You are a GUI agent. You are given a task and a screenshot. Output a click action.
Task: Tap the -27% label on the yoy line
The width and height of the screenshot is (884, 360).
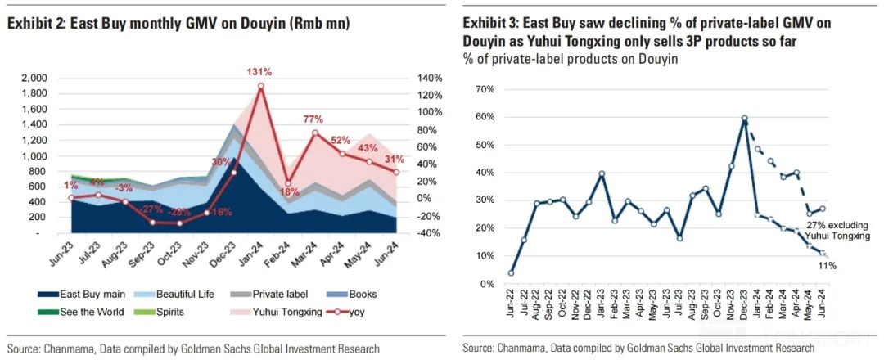point(151,210)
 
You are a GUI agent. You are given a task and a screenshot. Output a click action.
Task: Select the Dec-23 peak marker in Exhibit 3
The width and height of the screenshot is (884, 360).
point(745,119)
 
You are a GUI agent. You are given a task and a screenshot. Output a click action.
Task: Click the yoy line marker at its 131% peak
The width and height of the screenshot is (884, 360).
point(261,86)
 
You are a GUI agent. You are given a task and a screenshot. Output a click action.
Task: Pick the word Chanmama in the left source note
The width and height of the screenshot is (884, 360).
point(69,348)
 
